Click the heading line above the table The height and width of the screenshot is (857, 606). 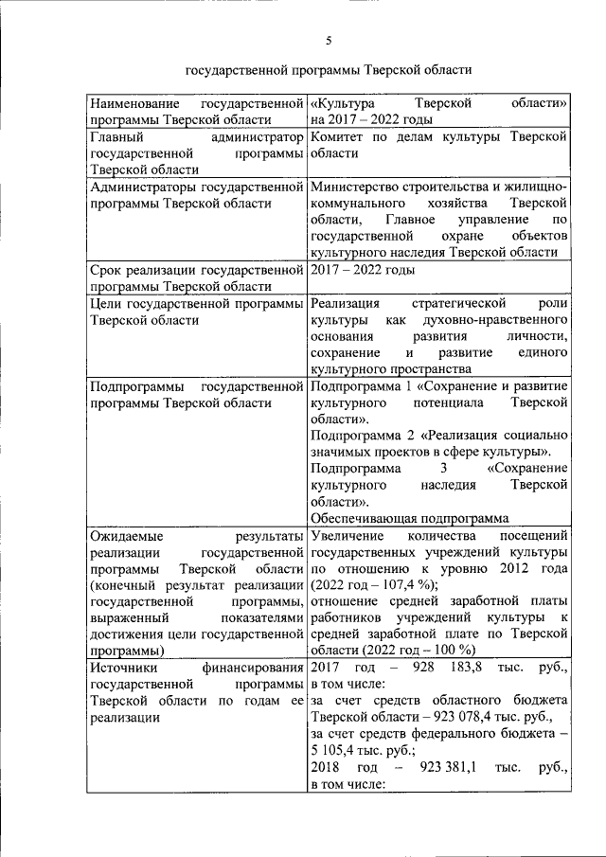328,70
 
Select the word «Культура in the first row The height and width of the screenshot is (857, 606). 342,102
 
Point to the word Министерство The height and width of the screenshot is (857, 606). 355,187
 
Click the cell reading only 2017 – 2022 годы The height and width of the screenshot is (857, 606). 363,270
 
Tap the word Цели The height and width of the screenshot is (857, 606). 107,304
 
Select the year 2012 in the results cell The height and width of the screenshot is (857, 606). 511,568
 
